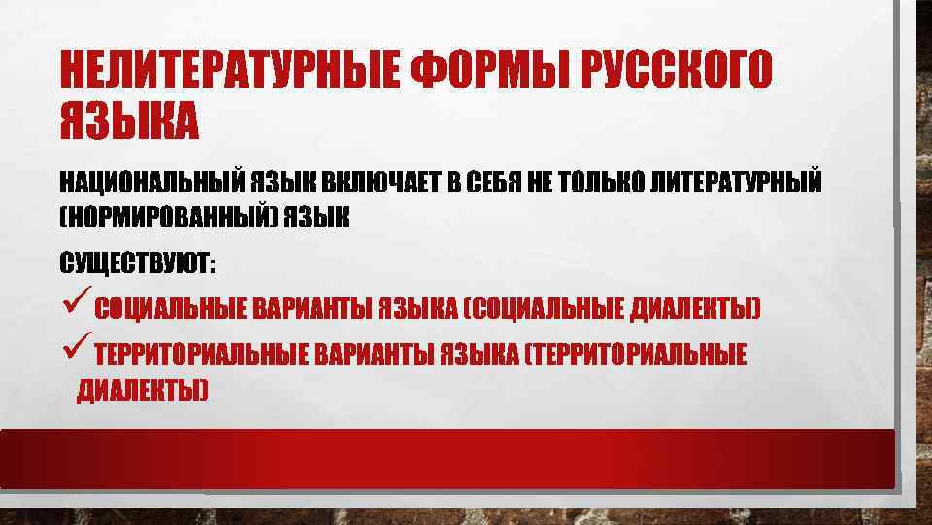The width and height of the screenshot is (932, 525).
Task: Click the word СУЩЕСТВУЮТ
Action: coord(136,263)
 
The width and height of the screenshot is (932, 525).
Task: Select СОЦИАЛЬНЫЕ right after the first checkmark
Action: coord(171,310)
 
